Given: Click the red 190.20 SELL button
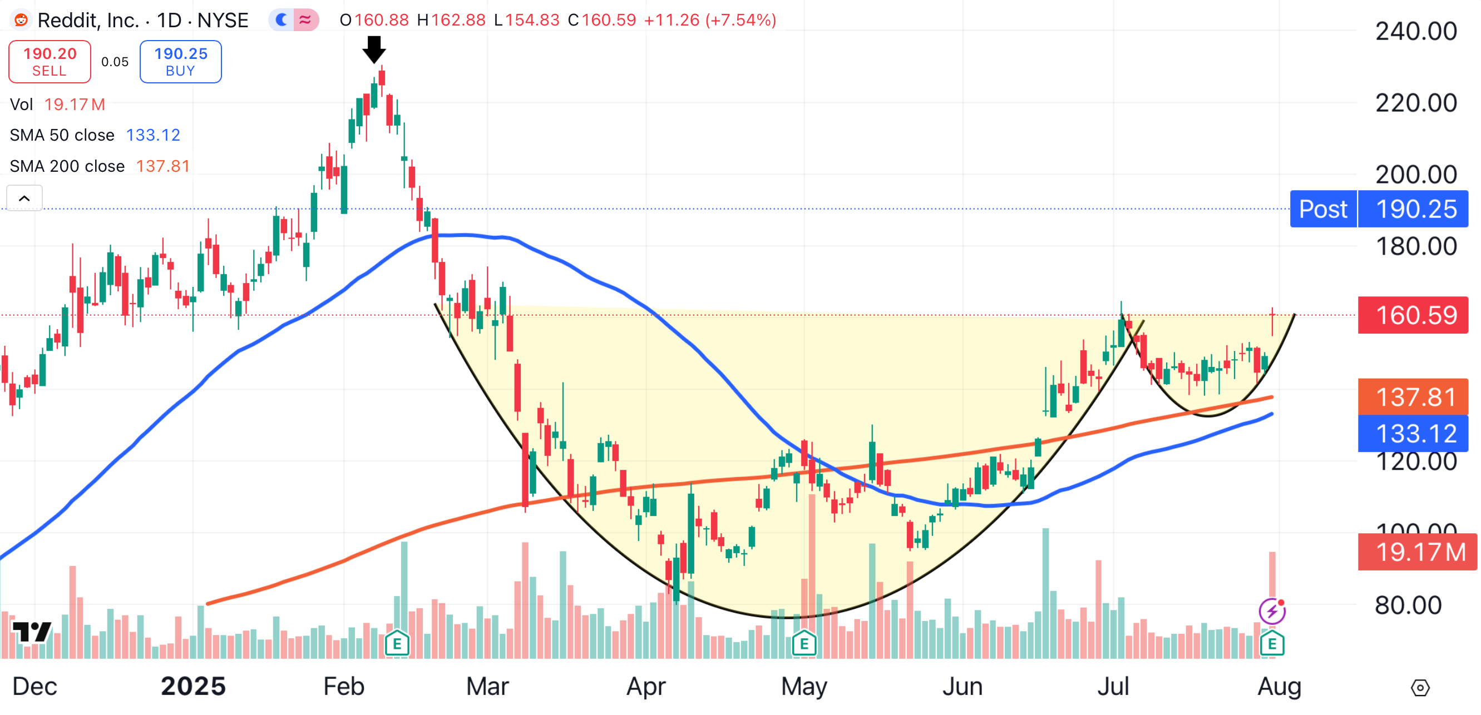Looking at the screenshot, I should [50, 62].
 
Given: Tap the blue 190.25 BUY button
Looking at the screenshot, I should [180, 62].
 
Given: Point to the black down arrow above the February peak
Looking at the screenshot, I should [374, 49].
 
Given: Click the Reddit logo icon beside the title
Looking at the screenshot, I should [21, 20].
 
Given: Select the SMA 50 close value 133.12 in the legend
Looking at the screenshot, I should [153, 135].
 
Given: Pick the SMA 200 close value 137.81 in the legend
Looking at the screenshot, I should [162, 166].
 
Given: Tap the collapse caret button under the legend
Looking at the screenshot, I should [24, 198].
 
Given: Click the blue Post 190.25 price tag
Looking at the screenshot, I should [1378, 209].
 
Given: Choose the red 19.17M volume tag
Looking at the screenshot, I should [1417, 552].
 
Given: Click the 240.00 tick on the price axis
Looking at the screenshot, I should [1415, 31].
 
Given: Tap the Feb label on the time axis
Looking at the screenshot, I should [344, 686].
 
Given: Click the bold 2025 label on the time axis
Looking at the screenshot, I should [193, 686].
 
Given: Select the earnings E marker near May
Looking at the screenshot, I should [804, 644].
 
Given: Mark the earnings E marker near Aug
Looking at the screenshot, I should [1272, 644].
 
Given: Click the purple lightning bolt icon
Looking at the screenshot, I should [1272, 611].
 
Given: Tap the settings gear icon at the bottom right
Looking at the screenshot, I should [1420, 687].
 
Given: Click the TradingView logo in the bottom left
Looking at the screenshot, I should [32, 632].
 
